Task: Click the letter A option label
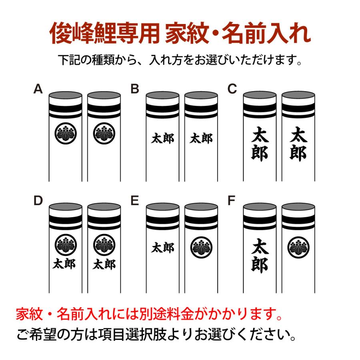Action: tap(38, 89)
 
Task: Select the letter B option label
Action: tap(135, 89)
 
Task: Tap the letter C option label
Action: tap(232, 89)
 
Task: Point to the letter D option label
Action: tap(38, 200)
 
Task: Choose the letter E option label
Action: tap(135, 200)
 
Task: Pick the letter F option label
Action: tap(232, 200)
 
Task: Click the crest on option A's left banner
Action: tap(66, 133)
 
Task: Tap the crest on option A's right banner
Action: tap(104, 133)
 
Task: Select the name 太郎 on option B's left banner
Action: tap(162, 138)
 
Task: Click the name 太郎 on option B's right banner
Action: tap(201, 138)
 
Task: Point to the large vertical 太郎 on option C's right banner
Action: tap(298, 144)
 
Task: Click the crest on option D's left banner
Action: tap(66, 245)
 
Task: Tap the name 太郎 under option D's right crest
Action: tap(104, 264)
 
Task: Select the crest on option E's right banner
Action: tap(201, 248)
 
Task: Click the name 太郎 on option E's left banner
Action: tap(162, 248)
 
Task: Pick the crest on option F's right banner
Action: tap(298, 248)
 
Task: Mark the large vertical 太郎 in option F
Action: tap(260, 256)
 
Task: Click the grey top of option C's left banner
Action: tap(260, 95)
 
